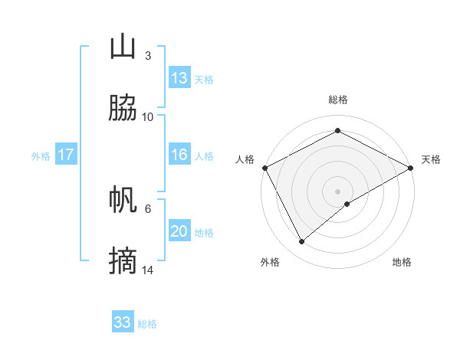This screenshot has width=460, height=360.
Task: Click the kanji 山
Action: point(123,47)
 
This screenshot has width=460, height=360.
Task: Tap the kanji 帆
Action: point(123,201)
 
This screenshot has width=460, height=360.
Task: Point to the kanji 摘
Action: point(123,261)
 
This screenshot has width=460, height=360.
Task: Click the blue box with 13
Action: point(179,78)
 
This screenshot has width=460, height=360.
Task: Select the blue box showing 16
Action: point(179,155)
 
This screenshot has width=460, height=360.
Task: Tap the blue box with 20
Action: point(179,231)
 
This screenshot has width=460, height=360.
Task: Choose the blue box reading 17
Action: point(65,155)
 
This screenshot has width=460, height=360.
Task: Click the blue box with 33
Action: point(122,322)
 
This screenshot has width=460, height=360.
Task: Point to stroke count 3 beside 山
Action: point(147,56)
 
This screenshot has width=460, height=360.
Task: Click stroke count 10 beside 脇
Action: point(148,116)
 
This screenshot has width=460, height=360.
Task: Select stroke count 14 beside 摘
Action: point(148,270)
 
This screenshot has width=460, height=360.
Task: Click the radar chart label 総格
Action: point(337,100)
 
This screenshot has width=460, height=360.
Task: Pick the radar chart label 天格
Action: point(431,159)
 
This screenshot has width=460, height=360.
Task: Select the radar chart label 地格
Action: point(402,262)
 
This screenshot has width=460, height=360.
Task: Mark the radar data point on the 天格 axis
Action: point(411,168)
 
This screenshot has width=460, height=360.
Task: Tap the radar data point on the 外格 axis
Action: point(302,242)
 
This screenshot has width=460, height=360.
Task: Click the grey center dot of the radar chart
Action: point(337,191)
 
